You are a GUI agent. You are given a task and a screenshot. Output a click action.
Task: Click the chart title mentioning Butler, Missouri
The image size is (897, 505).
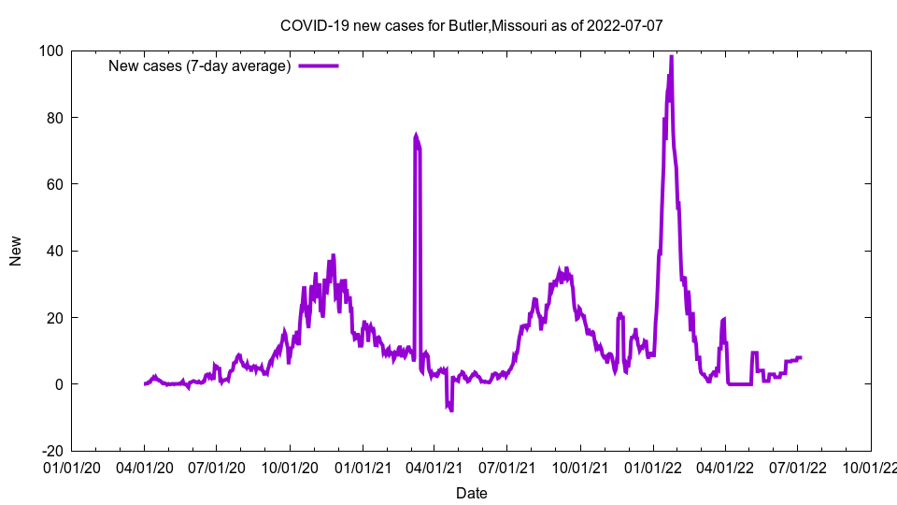(472, 25)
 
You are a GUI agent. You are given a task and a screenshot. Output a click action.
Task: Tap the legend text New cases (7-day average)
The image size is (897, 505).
(200, 65)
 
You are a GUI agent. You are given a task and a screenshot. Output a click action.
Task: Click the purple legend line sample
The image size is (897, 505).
(318, 65)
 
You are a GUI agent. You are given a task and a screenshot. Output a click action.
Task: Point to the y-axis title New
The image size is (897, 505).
(16, 251)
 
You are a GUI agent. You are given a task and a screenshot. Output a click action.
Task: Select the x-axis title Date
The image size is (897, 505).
(472, 493)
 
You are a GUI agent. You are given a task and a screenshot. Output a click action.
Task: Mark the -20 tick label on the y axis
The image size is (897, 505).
(51, 451)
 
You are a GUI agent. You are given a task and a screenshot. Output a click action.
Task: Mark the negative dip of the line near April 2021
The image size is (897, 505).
(450, 408)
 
